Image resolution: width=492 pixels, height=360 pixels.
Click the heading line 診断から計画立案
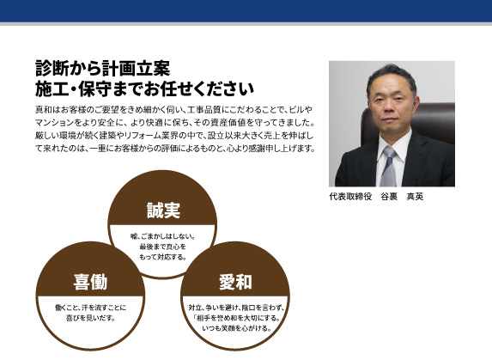point(102,68)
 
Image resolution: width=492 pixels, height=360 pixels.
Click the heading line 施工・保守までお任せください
point(144,88)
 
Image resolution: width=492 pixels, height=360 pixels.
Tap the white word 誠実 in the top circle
point(163,211)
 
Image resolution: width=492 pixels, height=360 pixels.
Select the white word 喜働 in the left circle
point(90,282)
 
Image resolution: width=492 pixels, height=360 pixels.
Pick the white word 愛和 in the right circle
point(235,282)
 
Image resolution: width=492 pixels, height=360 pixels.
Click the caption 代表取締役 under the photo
point(350,197)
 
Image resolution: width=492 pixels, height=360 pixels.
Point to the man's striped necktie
point(389,167)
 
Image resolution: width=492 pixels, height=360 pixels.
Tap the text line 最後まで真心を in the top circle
point(162,247)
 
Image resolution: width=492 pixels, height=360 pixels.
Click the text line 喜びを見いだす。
point(90,318)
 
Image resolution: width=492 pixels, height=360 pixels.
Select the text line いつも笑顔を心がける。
point(237,328)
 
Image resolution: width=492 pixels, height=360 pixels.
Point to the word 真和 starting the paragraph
point(41,110)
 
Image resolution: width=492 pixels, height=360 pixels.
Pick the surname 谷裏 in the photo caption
point(389,197)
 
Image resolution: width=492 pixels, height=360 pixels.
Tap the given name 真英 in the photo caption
point(415,197)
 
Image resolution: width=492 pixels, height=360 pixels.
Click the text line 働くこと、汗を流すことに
point(90,308)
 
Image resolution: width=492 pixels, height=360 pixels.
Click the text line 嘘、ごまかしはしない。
point(162,236)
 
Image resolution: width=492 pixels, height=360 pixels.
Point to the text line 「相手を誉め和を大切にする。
point(237,318)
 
